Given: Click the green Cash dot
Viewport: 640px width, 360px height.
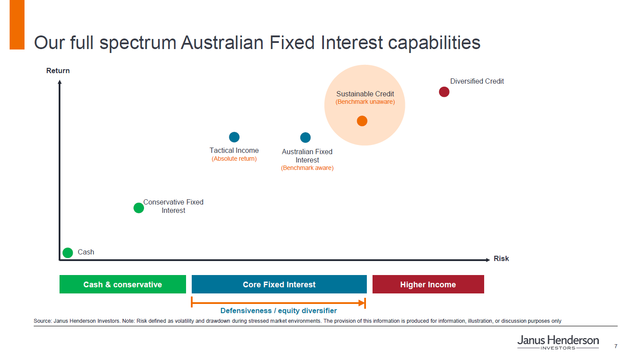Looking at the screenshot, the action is [68, 253].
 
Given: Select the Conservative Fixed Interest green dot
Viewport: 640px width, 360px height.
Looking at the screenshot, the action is [139, 208].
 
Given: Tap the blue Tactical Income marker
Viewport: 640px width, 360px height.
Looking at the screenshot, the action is [234, 137].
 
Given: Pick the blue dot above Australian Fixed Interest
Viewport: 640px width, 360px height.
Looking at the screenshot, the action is [306, 138].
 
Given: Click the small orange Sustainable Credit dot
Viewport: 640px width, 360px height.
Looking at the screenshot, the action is [362, 121].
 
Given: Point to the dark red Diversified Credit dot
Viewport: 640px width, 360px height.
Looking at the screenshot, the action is [444, 92].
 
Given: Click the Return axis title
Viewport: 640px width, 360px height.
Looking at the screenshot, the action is [58, 71].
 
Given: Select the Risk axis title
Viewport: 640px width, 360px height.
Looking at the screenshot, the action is [501, 258].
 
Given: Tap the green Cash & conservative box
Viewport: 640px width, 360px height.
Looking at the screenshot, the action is [123, 284].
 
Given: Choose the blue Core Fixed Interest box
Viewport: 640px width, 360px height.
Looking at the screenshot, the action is [279, 284].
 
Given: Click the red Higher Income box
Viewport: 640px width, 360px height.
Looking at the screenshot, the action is [428, 284].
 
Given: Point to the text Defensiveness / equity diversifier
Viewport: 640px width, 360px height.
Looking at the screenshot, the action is [278, 311].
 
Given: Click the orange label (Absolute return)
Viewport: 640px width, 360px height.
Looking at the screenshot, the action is [234, 159].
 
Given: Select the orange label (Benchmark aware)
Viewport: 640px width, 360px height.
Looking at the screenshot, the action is [307, 168].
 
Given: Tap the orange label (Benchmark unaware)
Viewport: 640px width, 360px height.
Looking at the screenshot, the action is [365, 102].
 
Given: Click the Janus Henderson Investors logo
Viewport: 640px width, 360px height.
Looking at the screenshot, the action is [558, 342].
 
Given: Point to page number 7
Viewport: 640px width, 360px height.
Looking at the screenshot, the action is [616, 346].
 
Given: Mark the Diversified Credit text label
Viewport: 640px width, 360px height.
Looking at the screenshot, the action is [477, 81].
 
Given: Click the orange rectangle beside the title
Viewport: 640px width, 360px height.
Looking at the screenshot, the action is [17, 25].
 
